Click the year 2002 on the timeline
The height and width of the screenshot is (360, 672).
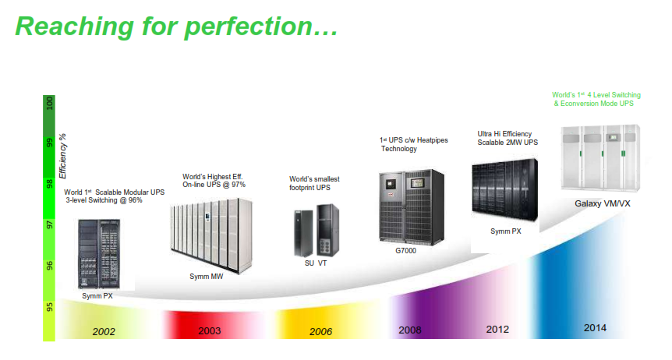coord(104,331)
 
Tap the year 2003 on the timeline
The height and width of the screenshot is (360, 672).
coord(209,331)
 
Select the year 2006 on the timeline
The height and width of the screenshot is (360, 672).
coord(320,331)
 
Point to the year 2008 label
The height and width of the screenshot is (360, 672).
coord(410,330)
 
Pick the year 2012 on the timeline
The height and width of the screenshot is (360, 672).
coord(497,329)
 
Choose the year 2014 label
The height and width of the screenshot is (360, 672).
coord(595,328)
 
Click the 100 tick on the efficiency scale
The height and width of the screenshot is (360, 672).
coord(50,104)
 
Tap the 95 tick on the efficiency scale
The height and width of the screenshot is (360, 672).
coord(50,307)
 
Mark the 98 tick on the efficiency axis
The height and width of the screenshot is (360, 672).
coord(50,184)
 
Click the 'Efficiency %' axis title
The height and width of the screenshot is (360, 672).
coord(63,156)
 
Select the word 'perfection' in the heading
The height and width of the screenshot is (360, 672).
coord(261,26)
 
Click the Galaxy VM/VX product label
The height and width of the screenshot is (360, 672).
coord(602,203)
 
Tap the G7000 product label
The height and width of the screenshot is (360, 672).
coord(405,251)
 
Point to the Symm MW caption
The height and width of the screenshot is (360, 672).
coord(206,277)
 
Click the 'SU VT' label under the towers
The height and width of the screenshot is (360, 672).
coord(316,263)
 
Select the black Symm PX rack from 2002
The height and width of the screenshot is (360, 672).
coord(99,254)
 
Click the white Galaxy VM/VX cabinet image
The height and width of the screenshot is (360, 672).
coord(600,157)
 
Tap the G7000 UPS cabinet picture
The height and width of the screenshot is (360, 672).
coord(412,207)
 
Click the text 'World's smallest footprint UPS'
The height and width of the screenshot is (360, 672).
coord(314,183)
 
